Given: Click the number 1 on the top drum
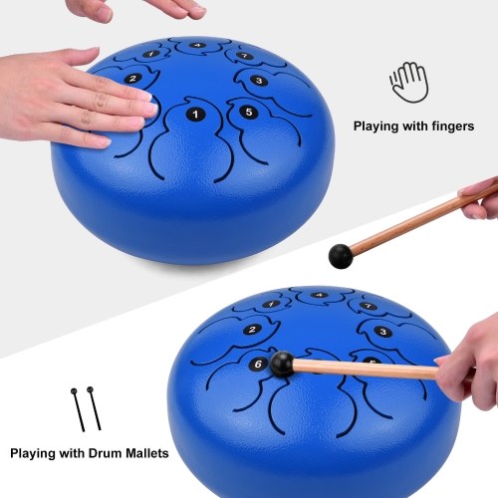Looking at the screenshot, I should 196,115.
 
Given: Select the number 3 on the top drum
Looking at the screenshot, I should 258,81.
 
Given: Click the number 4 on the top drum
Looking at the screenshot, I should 198,45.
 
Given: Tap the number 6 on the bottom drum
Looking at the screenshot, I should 258,365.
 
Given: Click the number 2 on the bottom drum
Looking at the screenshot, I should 251,330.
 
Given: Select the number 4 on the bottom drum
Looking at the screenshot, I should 319,296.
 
